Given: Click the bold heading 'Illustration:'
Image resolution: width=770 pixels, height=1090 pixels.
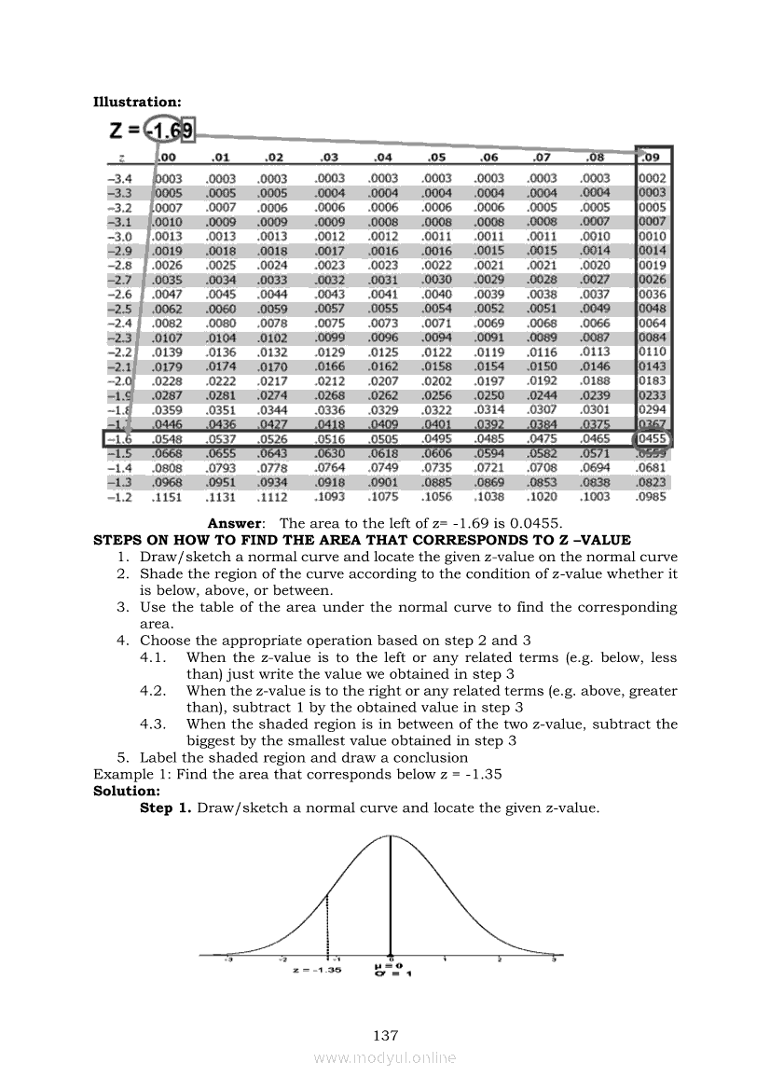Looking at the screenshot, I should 138,102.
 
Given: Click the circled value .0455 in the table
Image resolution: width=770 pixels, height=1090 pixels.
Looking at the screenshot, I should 653,438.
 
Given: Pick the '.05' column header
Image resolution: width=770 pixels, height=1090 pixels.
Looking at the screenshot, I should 436,157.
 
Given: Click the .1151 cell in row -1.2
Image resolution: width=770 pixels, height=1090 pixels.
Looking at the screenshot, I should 168,497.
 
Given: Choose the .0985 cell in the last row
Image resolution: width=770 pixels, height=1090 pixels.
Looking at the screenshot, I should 652,497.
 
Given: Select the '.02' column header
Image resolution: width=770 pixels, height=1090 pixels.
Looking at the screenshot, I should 274,157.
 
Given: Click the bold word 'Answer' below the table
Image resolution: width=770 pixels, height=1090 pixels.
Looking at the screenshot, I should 236,524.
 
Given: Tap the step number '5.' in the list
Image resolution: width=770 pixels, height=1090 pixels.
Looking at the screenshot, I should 122,757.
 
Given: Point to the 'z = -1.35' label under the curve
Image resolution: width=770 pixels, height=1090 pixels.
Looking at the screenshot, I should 317,970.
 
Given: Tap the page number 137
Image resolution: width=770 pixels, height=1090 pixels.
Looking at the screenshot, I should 385,1035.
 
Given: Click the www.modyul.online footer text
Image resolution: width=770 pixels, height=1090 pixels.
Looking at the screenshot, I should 385,1057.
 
